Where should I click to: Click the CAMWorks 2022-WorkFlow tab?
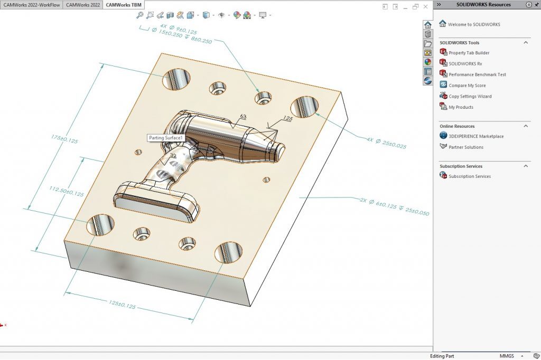[x=32, y=5]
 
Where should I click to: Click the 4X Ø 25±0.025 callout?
[x=386, y=143]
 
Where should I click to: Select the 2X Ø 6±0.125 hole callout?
[x=394, y=207]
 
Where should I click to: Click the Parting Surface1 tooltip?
[x=165, y=138]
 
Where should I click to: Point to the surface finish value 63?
[x=243, y=116]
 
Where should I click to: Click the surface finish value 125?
[x=287, y=119]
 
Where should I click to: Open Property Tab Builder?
[x=469, y=53]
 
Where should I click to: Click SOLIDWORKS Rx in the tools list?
[x=465, y=63]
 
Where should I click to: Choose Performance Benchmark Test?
[x=477, y=74]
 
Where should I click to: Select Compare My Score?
[x=467, y=86]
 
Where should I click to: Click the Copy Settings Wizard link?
[x=470, y=96]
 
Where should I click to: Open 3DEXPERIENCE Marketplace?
[x=476, y=136]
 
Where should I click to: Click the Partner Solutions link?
[x=466, y=147]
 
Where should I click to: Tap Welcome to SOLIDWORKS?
[x=473, y=24]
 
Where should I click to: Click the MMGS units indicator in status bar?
[x=507, y=356]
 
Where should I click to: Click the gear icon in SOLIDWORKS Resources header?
[x=529, y=4]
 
